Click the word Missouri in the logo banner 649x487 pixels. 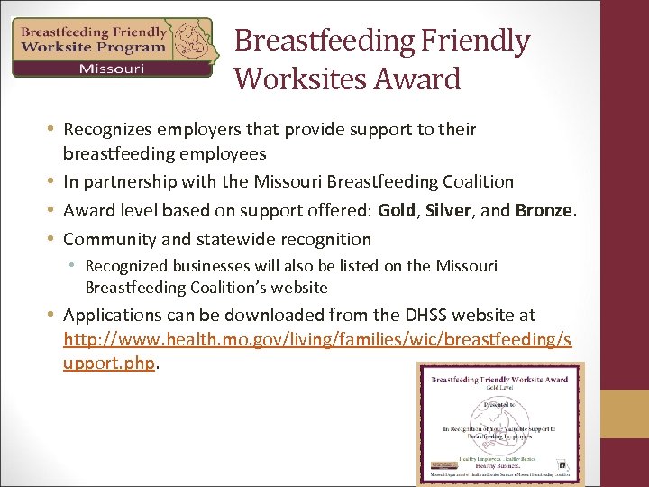point(111,69)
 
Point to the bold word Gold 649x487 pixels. point(397,210)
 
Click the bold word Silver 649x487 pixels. point(447,210)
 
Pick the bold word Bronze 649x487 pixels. point(544,210)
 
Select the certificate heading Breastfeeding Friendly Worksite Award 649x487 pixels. point(499,380)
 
